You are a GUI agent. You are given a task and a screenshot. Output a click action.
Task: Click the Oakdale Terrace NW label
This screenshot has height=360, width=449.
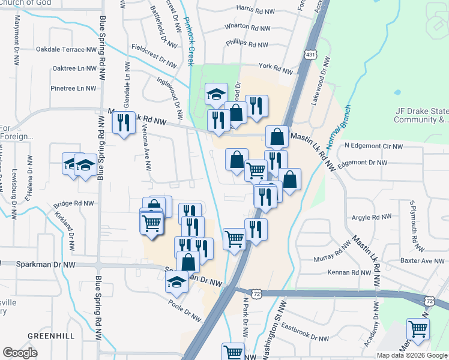[67, 50]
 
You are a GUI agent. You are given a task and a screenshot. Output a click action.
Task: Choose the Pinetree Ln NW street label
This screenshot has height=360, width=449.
[73, 88]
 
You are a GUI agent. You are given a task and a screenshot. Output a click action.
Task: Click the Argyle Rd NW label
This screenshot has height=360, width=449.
[372, 217]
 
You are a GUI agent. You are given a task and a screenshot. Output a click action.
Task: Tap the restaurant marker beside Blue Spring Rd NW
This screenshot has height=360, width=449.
[124, 123]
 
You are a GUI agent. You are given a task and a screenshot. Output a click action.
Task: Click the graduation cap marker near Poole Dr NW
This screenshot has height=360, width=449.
[177, 281]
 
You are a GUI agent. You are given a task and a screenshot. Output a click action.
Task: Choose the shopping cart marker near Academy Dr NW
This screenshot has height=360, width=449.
[418, 328]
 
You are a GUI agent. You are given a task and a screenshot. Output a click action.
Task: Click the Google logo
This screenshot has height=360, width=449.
[20, 353]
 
